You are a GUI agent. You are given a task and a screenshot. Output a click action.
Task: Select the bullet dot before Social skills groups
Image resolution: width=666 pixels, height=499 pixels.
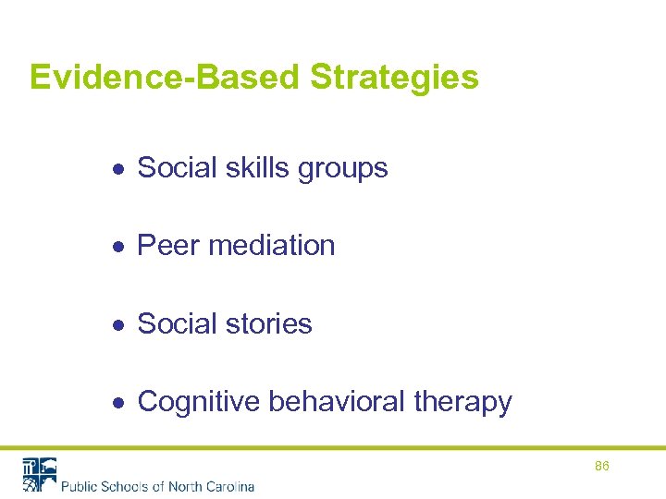click(119, 168)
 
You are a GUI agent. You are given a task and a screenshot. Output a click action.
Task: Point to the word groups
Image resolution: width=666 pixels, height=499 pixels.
click(343, 169)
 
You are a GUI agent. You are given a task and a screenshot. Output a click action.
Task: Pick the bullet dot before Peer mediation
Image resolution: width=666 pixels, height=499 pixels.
click(119, 246)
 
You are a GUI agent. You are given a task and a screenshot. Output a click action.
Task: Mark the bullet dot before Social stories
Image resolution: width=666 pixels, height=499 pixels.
click(119, 324)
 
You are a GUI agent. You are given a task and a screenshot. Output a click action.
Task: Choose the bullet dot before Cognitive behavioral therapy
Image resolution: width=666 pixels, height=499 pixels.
click(119, 402)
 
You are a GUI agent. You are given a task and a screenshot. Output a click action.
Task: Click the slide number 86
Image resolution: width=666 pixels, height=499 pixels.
click(601, 467)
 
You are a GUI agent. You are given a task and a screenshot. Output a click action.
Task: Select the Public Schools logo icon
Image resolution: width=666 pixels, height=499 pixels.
click(39, 474)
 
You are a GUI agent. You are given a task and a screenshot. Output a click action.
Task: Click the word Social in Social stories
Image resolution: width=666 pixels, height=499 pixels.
click(179, 323)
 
